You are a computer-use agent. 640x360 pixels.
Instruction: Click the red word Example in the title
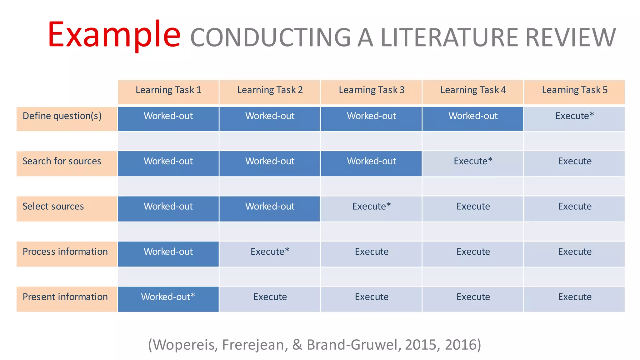[114, 35]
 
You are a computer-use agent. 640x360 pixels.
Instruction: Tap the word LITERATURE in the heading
[449, 38]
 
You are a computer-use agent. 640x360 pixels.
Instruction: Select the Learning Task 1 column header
[168, 90]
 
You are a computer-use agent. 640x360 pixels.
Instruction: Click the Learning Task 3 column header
[371, 90]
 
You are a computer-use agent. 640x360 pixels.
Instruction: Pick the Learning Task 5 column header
[574, 90]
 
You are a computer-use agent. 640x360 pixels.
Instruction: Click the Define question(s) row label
[62, 116]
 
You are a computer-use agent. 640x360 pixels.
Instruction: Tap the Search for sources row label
[62, 161]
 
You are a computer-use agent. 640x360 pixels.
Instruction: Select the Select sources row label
[53, 207]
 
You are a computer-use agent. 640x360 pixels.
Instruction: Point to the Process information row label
[65, 252]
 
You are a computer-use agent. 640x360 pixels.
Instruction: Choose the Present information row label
[65, 297]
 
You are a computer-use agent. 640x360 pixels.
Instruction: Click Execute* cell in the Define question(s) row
[574, 116]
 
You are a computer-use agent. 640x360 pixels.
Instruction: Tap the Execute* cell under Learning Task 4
[473, 161]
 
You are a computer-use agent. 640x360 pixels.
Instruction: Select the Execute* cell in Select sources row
[371, 207]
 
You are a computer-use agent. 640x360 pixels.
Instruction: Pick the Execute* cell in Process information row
[270, 252]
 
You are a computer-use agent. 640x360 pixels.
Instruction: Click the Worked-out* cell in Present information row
[168, 297]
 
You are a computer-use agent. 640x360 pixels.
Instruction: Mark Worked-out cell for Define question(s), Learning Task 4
[473, 116]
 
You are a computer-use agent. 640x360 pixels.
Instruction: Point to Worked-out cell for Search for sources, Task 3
[371, 161]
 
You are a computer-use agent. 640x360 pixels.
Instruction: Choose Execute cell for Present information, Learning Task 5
[574, 297]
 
